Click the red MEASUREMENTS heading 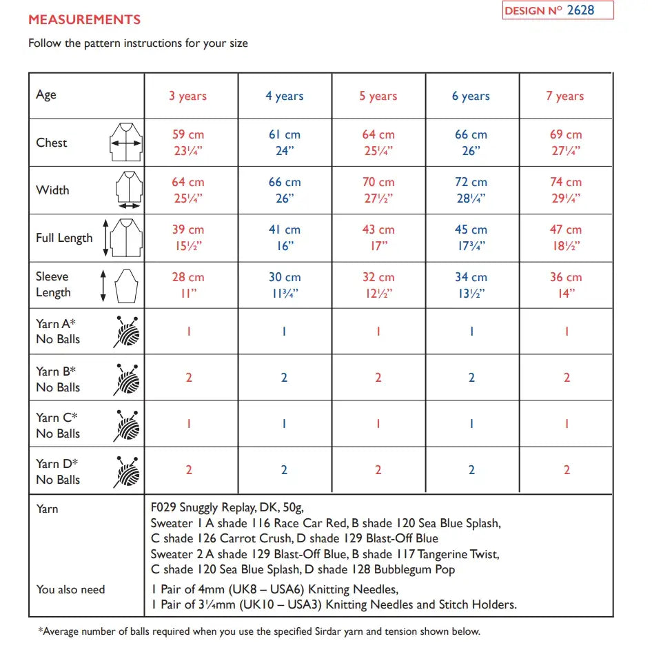click(84, 20)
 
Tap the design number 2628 click(580, 10)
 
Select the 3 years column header click(188, 96)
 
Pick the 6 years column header click(471, 96)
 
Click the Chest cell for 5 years click(378, 143)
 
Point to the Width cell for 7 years click(566, 190)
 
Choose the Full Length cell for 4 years click(285, 238)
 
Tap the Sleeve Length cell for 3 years click(188, 285)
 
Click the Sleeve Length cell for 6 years click(471, 285)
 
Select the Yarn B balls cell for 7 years click(567, 378)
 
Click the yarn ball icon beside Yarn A click(126, 332)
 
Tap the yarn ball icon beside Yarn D click(126, 471)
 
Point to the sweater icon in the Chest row click(125, 143)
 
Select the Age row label click(46, 95)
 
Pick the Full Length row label click(64, 238)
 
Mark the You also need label click(70, 590)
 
